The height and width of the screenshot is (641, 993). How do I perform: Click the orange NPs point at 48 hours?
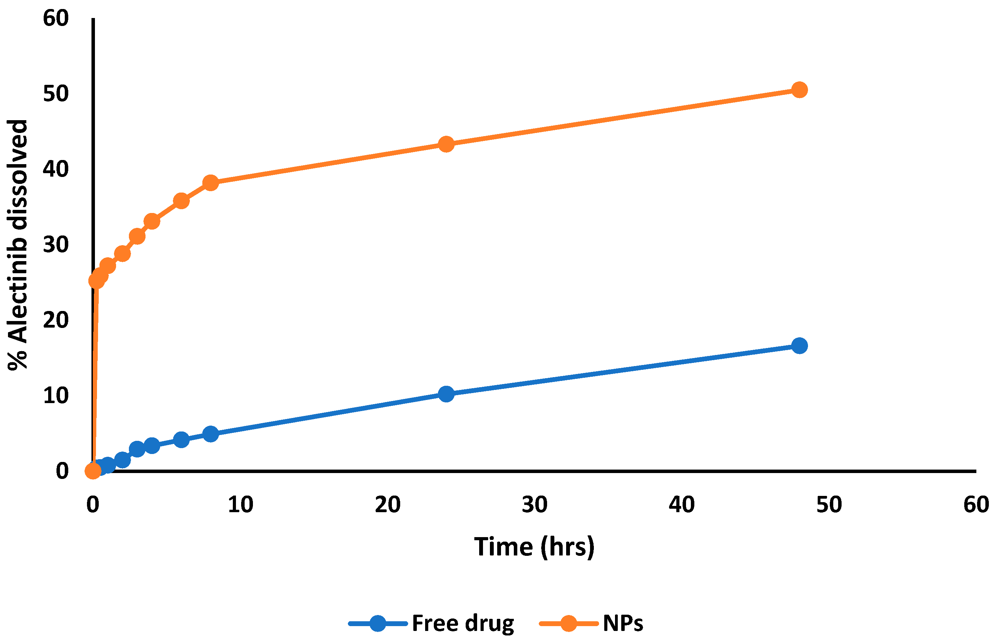[799, 90]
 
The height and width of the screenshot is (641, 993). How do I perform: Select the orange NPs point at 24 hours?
[446, 144]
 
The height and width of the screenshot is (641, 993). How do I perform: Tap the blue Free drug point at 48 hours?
[799, 346]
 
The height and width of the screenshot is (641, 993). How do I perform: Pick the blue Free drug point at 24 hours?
[446, 394]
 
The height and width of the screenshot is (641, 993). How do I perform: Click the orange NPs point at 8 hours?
[211, 183]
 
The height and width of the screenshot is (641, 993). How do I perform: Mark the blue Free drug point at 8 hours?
[211, 434]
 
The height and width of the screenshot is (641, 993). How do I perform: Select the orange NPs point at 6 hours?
[181, 201]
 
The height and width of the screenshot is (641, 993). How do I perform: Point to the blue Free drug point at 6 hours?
[181, 439]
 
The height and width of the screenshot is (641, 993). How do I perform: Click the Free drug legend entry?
[462, 623]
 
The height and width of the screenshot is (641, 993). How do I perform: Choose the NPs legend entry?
[623, 623]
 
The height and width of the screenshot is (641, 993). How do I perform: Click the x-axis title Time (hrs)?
[534, 546]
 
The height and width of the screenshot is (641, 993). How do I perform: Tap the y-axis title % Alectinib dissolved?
[17, 245]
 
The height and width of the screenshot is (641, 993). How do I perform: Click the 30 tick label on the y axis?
[56, 245]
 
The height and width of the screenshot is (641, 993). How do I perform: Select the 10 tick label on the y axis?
[56, 395]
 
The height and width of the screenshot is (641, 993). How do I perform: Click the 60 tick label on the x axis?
[976, 505]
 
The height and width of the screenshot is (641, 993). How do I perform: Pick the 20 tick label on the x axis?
[387, 505]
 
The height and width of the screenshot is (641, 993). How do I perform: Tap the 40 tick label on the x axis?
[682, 505]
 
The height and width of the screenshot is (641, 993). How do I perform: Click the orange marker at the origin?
[93, 471]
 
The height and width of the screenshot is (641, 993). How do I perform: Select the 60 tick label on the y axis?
[56, 18]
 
